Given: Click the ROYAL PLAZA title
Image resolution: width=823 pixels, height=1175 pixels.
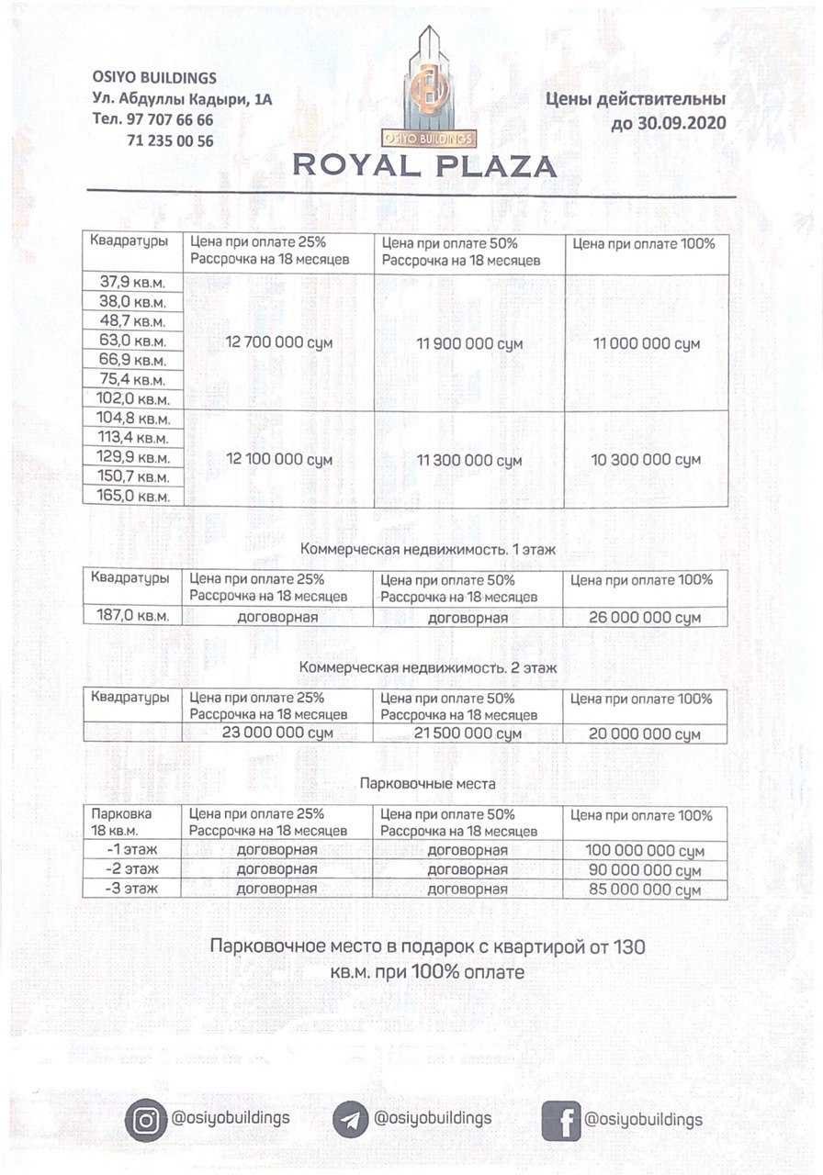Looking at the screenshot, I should [x=424, y=166].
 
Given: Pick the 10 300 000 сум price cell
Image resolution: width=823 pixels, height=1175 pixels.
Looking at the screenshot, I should [x=646, y=458].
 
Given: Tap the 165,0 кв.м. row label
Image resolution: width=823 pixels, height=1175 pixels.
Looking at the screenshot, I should [x=132, y=496].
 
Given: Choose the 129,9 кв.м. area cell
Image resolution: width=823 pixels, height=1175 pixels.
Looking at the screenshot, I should [x=132, y=457].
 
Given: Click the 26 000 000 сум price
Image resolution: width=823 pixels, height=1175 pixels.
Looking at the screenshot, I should [x=646, y=618].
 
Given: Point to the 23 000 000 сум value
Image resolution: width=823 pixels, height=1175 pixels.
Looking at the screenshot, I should [x=277, y=733].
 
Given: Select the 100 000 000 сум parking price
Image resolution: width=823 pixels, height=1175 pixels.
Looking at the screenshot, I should [x=646, y=851].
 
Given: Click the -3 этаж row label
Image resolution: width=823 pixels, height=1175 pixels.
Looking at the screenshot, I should [x=132, y=889].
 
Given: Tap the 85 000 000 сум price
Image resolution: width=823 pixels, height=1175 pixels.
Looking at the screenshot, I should [x=646, y=890].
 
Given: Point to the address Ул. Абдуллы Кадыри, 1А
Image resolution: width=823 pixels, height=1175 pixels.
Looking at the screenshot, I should [x=183, y=99].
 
